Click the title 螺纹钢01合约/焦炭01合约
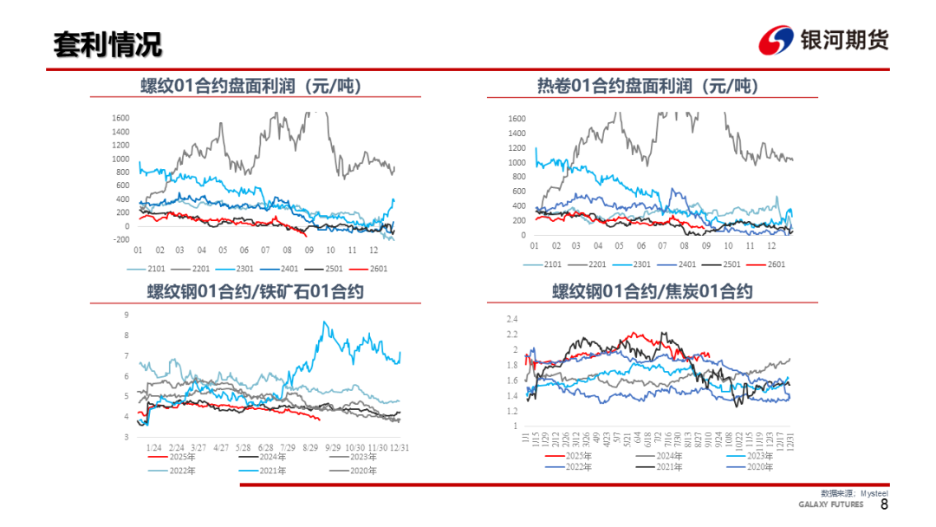[x=652, y=291]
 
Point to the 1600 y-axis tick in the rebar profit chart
[x=120, y=118]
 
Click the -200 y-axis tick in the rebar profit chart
[x=120, y=239]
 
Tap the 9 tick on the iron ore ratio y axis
[x=127, y=315]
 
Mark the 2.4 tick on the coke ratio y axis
[x=512, y=318]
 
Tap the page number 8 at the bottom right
[x=884, y=504]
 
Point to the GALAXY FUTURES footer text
[x=830, y=505]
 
